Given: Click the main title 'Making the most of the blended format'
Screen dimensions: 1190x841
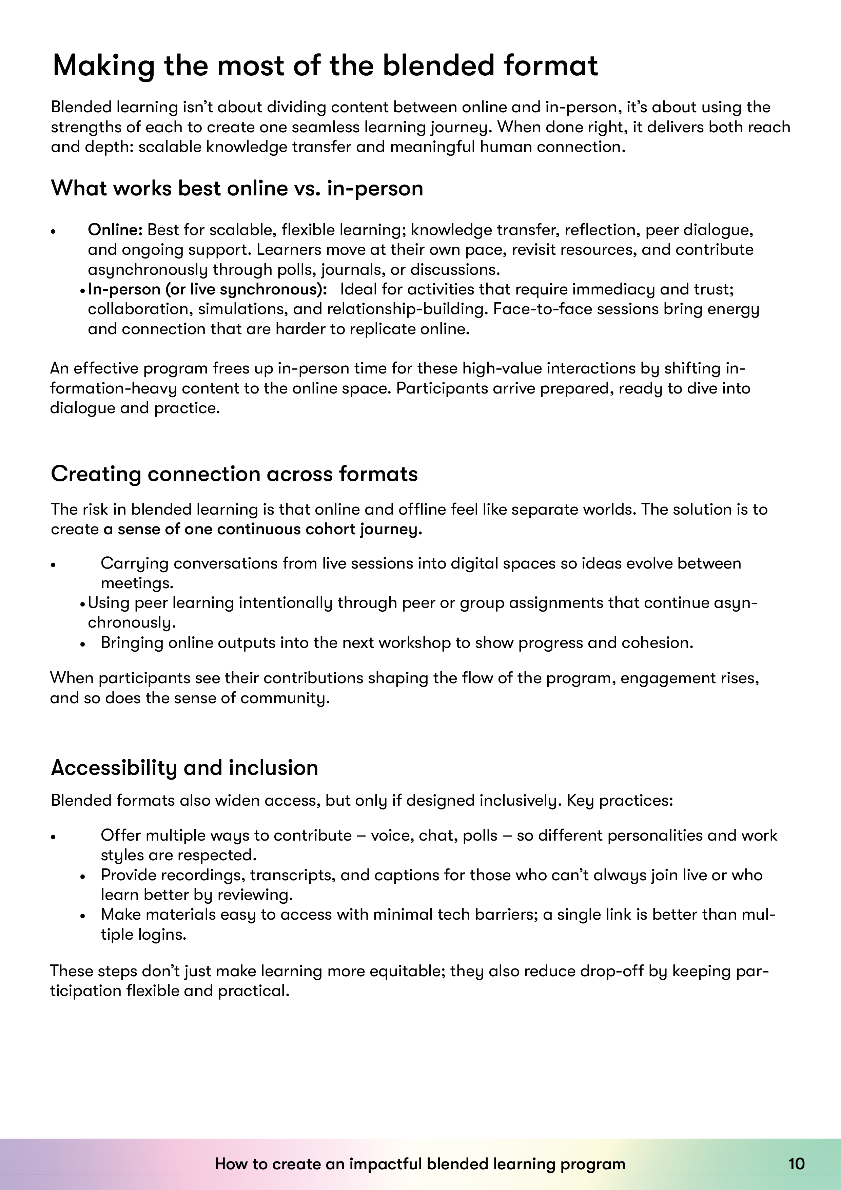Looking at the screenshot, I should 326,66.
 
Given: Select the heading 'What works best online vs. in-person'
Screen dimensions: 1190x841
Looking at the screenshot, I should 237,188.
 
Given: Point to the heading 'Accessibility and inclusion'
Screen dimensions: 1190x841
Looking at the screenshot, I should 184,768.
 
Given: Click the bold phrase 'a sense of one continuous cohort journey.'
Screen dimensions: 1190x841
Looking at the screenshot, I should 263,529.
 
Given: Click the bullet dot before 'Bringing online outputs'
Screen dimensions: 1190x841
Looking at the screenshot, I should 82,644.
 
